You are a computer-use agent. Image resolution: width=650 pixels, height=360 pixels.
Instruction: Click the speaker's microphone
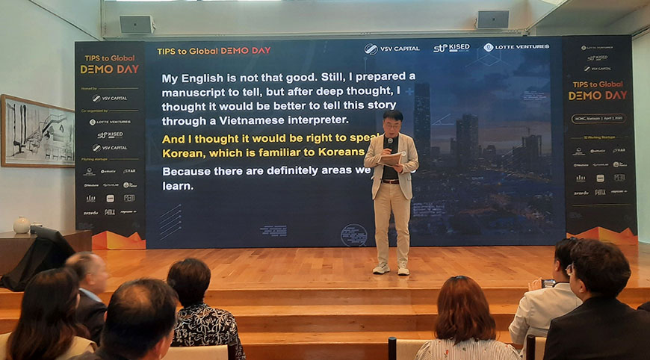click(x=389, y=143)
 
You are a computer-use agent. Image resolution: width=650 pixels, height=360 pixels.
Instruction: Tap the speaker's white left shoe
click(x=381, y=268)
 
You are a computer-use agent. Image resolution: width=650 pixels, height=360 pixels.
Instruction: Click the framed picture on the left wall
click(x=37, y=131)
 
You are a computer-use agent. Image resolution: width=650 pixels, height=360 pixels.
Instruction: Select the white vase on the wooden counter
click(x=22, y=225)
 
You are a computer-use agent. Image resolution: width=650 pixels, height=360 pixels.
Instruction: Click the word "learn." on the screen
click(x=178, y=186)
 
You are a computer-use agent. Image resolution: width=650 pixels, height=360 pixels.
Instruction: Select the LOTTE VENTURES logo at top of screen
click(x=516, y=47)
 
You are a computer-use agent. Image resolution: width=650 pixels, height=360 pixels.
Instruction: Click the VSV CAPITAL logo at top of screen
click(x=392, y=49)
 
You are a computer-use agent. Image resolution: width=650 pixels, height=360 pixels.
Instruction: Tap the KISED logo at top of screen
click(x=451, y=48)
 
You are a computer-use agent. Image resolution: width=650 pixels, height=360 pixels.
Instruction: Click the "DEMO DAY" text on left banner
click(x=109, y=69)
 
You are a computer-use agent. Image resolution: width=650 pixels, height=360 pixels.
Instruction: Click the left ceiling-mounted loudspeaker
click(x=136, y=24)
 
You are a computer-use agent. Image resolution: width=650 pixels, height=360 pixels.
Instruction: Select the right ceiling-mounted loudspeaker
click(x=492, y=19)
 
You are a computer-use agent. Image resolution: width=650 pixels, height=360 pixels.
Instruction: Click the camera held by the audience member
click(x=549, y=283)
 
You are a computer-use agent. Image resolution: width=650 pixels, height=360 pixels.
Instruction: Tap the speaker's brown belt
click(x=390, y=181)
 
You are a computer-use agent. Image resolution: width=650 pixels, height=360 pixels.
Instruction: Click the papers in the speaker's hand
click(x=392, y=158)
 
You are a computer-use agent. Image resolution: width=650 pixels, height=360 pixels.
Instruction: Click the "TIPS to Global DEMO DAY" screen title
click(x=214, y=51)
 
